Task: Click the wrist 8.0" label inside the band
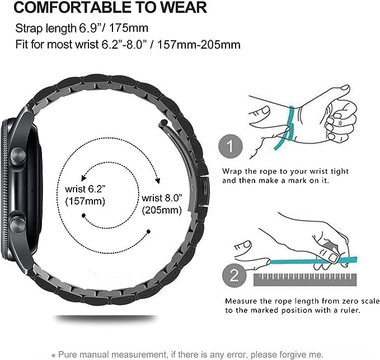coord(162,198)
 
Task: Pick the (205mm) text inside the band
coord(163,210)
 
